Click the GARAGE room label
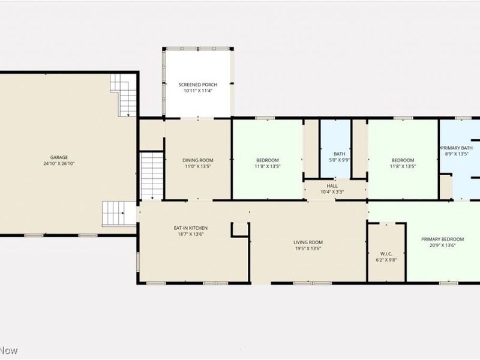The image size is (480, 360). pos(59,157)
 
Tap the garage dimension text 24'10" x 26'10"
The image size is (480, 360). pos(59,164)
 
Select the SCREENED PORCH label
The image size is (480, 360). pos(198,85)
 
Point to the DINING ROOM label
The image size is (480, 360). pos(198,160)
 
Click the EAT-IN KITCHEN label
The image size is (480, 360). pos(191,228)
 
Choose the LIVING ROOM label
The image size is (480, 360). pos(308,242)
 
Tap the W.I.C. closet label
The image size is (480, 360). pos(386,253)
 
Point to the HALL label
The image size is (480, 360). pos(332,186)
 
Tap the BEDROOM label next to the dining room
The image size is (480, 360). pos(268,160)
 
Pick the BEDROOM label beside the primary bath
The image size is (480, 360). pos(403,160)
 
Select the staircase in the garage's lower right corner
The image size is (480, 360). pos(115,213)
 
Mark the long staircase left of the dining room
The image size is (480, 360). pos(152,175)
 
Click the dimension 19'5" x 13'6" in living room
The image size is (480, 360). pos(308,248)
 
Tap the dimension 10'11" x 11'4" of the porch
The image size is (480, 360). pos(198,91)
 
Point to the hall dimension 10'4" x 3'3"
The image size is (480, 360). pos(332,192)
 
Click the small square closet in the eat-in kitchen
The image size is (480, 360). pos(240,229)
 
